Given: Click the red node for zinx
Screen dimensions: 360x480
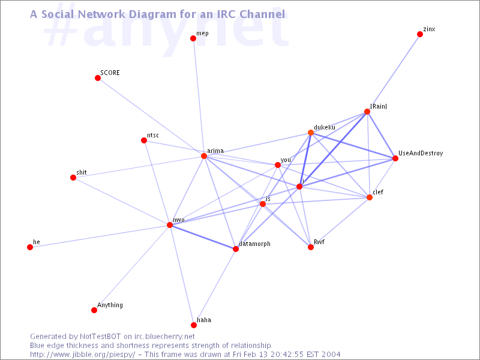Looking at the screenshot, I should tap(420, 34).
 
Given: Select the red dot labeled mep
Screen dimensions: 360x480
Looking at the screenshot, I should tap(193, 38).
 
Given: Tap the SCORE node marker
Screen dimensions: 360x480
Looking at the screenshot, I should tap(98, 78).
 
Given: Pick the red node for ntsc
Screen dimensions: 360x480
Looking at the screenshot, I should tap(144, 140).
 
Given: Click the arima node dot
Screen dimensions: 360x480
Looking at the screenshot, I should tap(204, 156).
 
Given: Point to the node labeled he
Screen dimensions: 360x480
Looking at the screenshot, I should tap(30, 247).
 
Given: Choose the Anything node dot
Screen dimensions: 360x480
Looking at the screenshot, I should tap(94, 310).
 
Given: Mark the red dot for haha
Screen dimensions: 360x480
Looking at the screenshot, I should tap(194, 325).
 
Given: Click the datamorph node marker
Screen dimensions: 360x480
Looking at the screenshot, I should tap(236, 249).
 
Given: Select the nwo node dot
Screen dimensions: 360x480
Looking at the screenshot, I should tap(170, 225).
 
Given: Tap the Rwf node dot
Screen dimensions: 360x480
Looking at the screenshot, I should tap(311, 247).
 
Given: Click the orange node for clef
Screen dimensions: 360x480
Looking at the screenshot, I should tap(370, 197).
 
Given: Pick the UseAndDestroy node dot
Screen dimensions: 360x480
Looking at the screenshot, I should tap(395, 158).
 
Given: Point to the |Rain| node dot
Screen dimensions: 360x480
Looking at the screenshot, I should tap(367, 112).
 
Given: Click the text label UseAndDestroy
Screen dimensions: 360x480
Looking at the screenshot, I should tap(421, 154).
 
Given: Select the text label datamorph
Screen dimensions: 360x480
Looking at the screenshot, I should tap(255, 244).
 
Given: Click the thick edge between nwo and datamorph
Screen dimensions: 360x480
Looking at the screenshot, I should tap(203, 237).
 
